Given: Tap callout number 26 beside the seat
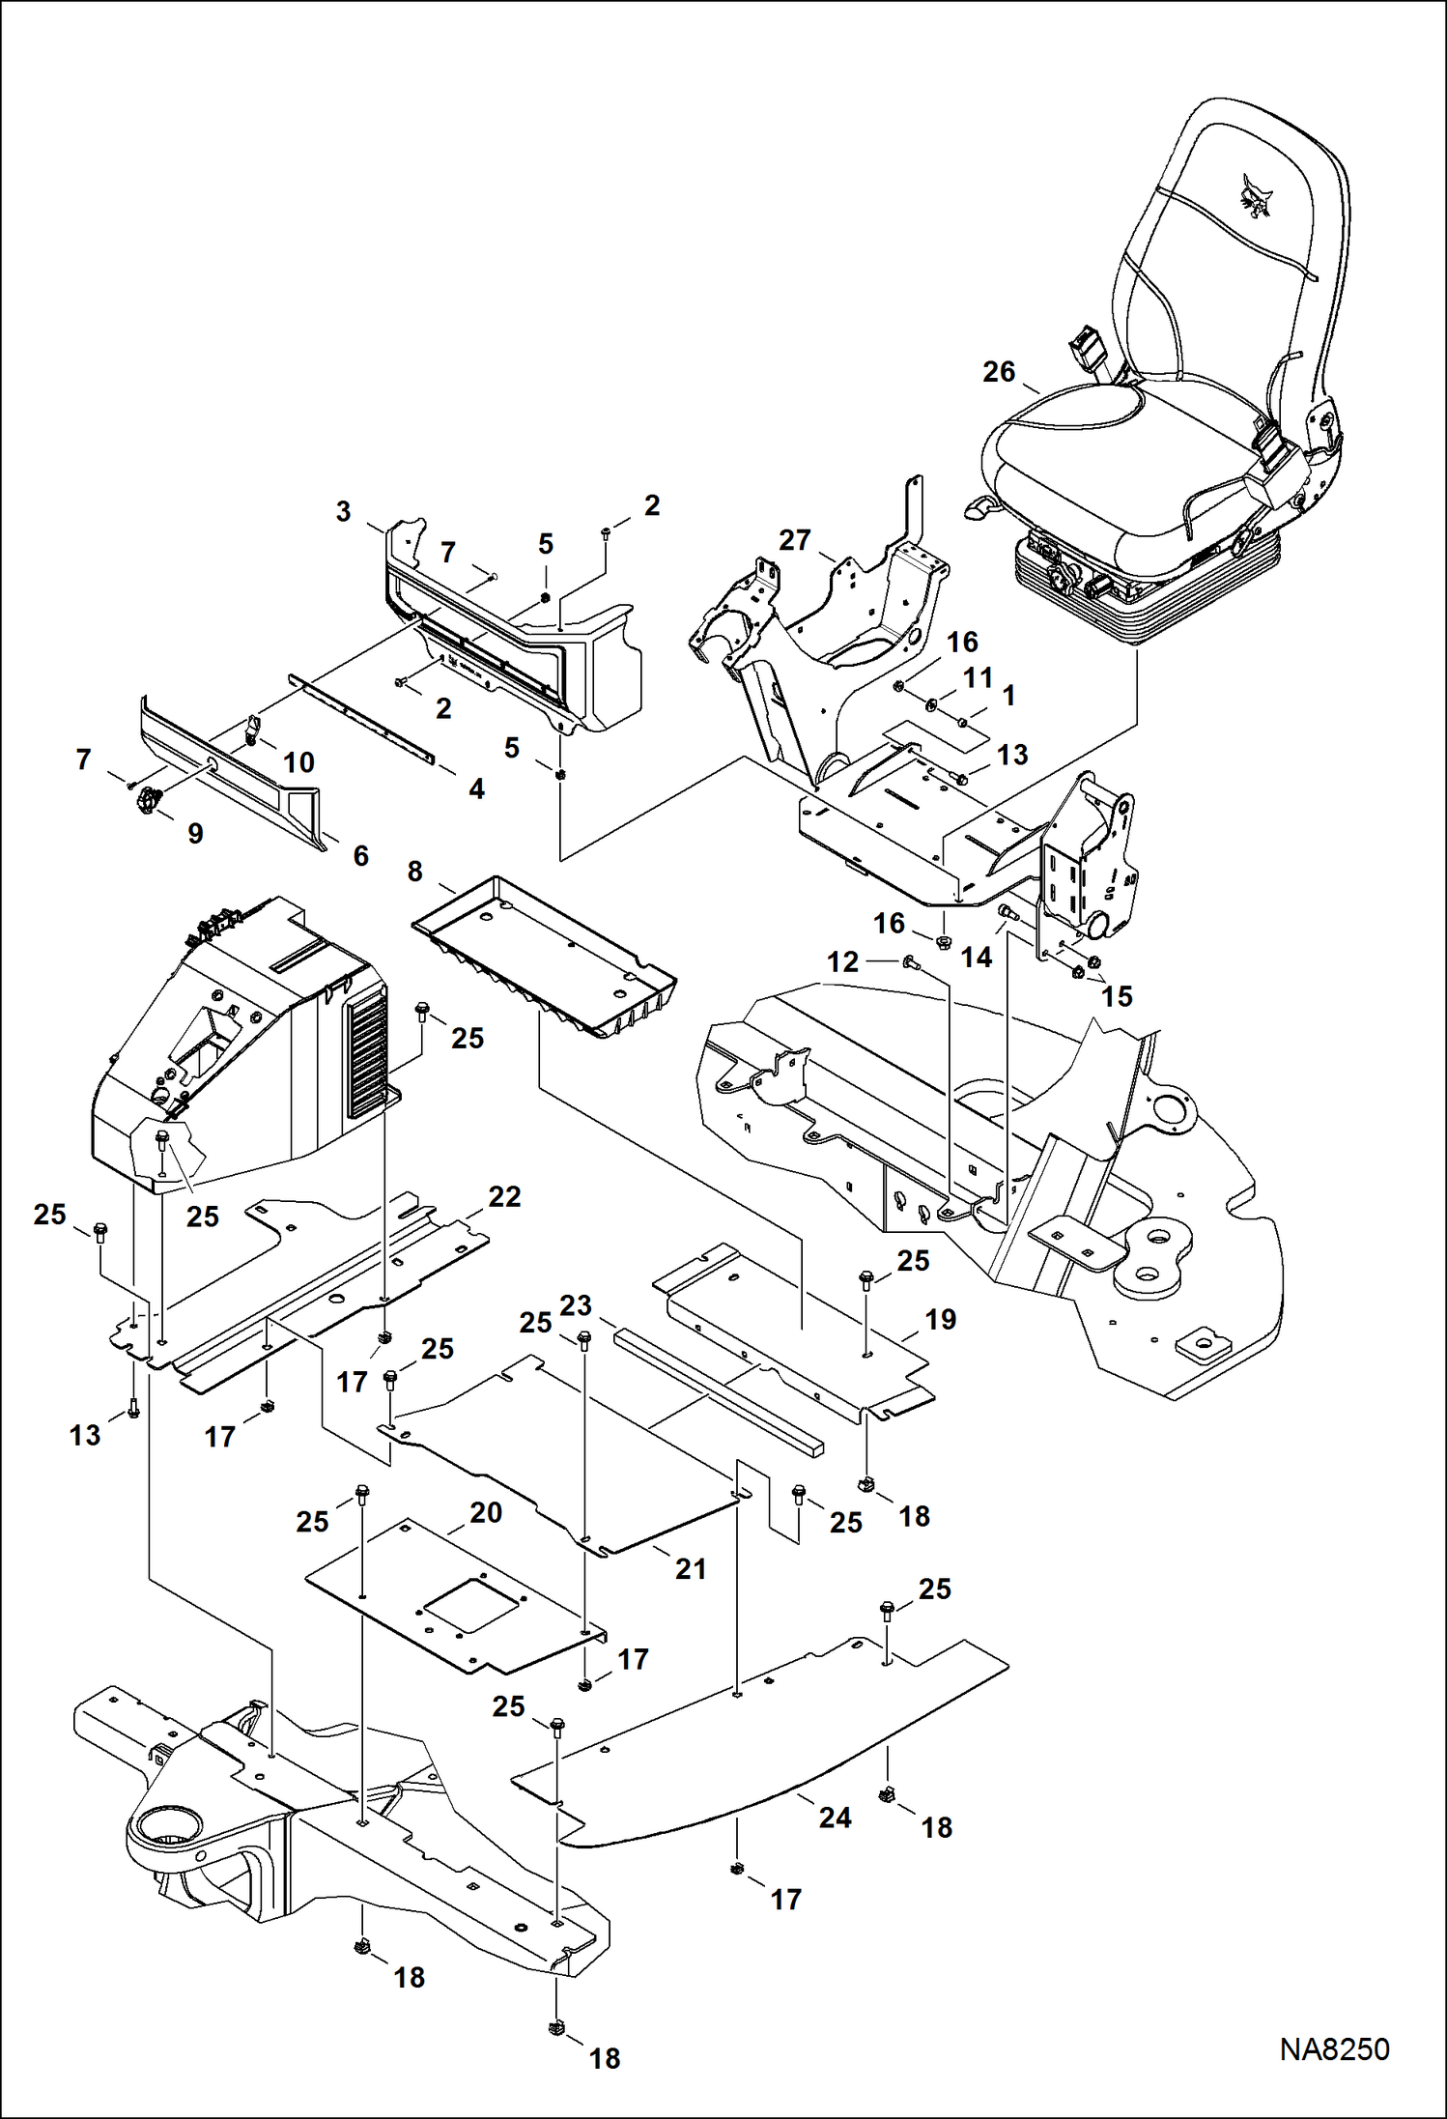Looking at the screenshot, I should coord(999,372).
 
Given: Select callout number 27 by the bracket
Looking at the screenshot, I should coord(794,540).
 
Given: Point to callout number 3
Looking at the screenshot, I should coord(343,511).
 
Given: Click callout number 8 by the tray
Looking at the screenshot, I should coord(414,872).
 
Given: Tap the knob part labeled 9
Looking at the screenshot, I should coord(147,800).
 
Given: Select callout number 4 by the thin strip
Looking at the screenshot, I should coord(476,788).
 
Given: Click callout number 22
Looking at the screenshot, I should coord(504,1196).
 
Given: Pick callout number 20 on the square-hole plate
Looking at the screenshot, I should coord(486,1512).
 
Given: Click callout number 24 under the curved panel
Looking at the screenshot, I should coord(835,1817).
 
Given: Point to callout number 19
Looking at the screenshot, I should coord(940,1319).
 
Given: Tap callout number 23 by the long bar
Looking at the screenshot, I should coord(576,1305).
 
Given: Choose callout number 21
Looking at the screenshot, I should coord(690,1568).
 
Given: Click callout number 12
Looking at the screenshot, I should coord(842,961).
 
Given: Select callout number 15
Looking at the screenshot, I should coord(1117,996).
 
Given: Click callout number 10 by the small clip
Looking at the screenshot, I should coord(298,762).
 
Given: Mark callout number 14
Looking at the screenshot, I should coord(976,957).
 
